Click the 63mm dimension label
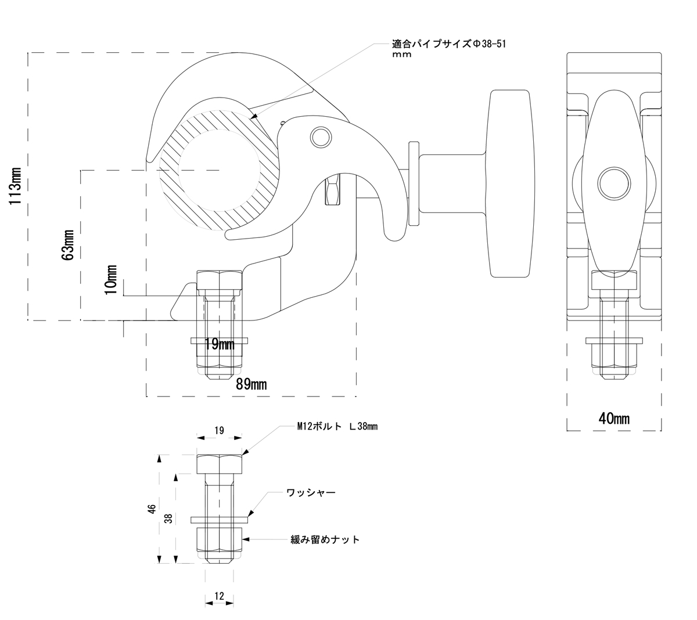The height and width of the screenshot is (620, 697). (x=68, y=244)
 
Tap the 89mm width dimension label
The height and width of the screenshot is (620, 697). (x=251, y=384)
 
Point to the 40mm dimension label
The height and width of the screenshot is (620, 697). (x=614, y=418)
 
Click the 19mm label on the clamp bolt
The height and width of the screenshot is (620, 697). (x=219, y=345)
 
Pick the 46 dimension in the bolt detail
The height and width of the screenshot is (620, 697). (x=152, y=510)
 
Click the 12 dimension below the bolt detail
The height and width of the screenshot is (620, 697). (x=219, y=596)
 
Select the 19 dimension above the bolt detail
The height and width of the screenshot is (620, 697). (x=219, y=431)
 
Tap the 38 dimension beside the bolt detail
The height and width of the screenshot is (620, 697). (x=169, y=518)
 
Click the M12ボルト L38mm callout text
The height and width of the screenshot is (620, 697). (x=337, y=427)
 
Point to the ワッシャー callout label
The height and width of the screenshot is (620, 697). (x=311, y=493)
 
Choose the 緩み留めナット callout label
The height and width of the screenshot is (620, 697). (x=325, y=540)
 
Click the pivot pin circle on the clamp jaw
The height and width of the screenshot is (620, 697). (x=319, y=136)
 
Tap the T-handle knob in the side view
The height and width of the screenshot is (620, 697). (x=511, y=183)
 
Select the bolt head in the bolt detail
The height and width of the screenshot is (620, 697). (x=219, y=464)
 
